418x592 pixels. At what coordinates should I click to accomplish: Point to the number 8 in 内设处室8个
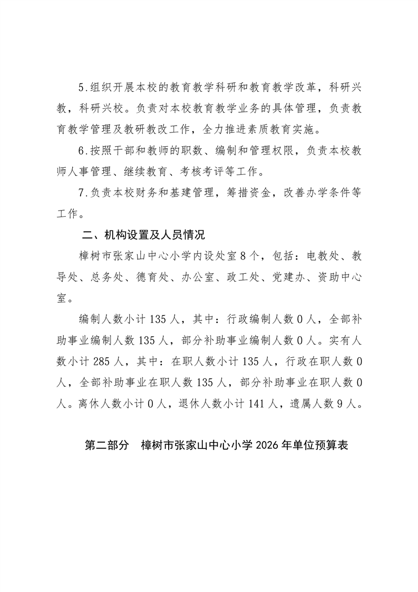(242, 257)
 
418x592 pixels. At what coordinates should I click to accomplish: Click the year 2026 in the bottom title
(269, 446)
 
